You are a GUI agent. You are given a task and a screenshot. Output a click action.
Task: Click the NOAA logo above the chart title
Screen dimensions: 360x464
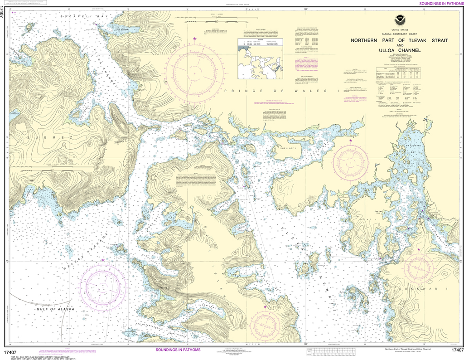click(x=401, y=20)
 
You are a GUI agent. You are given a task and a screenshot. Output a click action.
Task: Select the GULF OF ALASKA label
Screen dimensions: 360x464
click(x=54, y=309)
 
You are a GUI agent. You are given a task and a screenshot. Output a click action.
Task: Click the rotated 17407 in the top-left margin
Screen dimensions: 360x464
click(x=4, y=16)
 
